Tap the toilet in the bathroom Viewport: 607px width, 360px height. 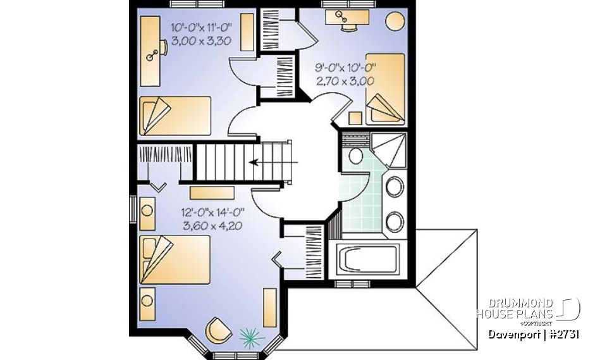(x=355, y=156)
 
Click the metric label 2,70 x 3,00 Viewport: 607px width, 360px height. (x=345, y=80)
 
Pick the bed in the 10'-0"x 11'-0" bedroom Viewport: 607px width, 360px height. (x=175, y=115)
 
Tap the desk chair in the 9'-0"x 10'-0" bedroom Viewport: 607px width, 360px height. (x=347, y=27)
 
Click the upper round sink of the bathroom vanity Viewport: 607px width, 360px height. (x=395, y=187)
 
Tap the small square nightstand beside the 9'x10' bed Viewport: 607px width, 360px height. (x=355, y=118)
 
